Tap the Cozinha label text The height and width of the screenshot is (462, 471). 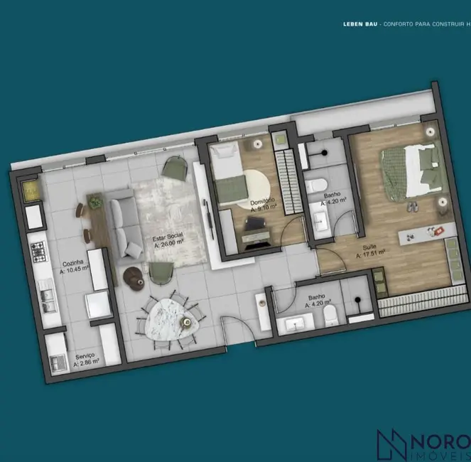click(72, 262)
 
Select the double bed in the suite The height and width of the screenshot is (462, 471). click(410, 171)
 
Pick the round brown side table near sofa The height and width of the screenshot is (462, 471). click(132, 275)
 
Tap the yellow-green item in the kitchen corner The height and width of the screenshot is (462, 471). click(31, 190)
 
